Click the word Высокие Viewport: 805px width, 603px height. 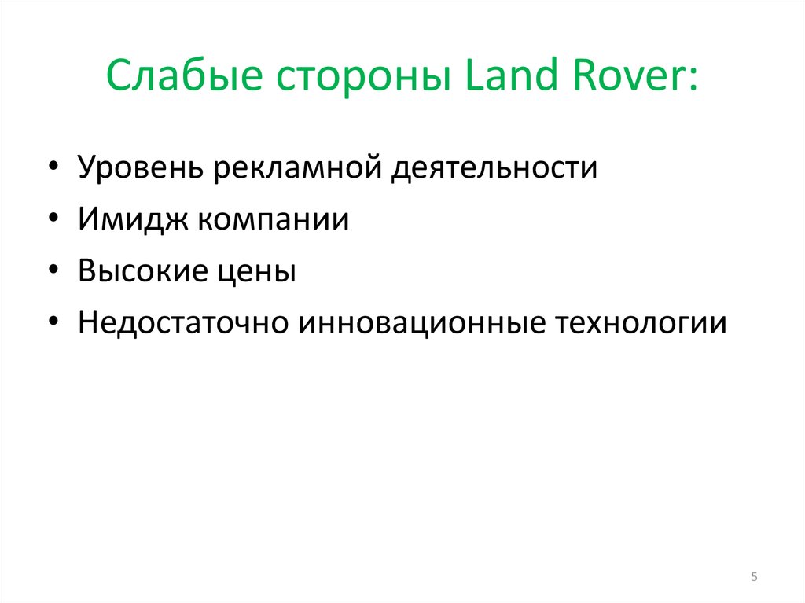coord(140,271)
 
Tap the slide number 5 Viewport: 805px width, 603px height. coord(755,578)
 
